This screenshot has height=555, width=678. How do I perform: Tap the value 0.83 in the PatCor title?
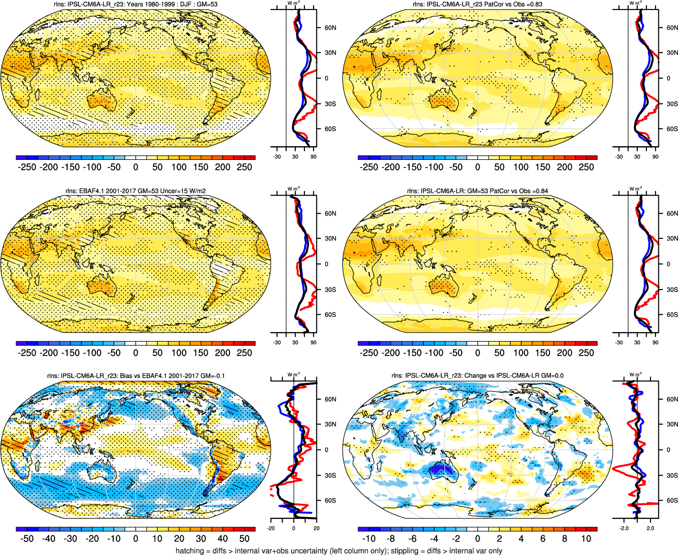point(536,5)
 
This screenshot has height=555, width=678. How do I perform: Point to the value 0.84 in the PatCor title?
point(541,191)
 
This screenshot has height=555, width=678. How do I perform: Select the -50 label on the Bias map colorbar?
point(27,539)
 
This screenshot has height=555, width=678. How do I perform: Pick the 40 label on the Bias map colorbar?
point(223,539)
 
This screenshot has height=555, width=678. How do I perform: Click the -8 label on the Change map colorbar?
point(391,539)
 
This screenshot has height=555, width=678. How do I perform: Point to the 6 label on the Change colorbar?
point(543,539)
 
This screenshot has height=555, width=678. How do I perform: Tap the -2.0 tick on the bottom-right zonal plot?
point(624,529)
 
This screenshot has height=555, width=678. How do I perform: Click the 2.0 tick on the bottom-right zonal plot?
point(650,529)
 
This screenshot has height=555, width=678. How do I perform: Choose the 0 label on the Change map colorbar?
point(478,539)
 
